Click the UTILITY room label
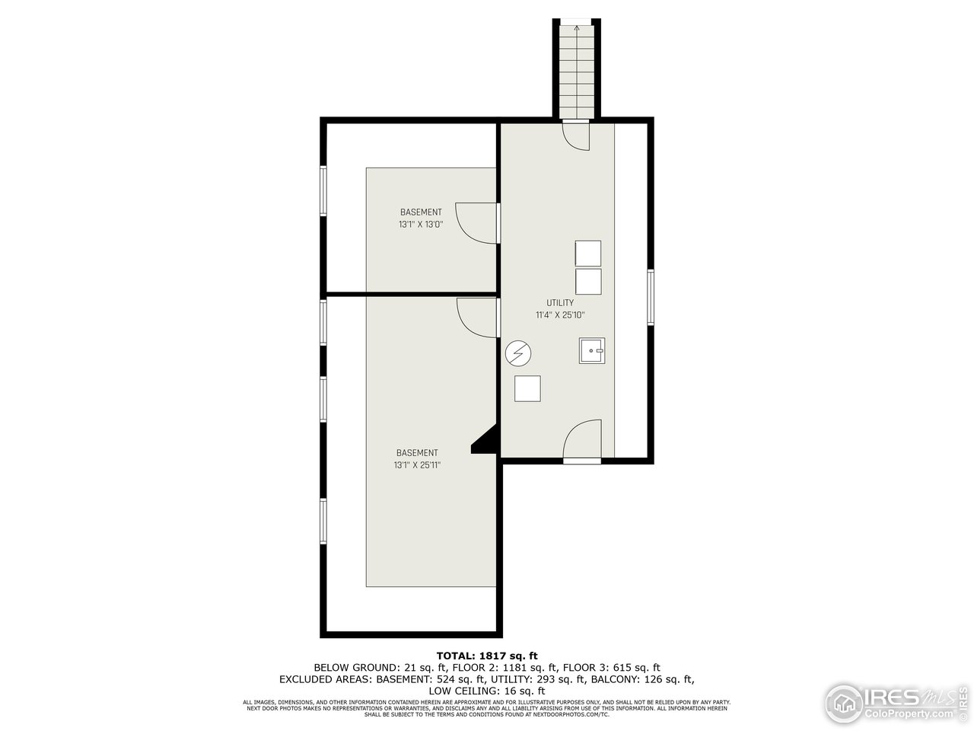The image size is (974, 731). pyautogui.click(x=560, y=302)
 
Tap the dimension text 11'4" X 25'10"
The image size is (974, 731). pyautogui.click(x=560, y=314)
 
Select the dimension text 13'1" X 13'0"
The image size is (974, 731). pyautogui.click(x=421, y=225)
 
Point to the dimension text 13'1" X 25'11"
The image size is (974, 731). pyautogui.click(x=417, y=464)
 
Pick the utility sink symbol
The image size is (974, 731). pyautogui.click(x=591, y=351)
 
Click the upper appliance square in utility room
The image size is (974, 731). pyautogui.click(x=587, y=253)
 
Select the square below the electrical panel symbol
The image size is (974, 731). pyautogui.click(x=527, y=388)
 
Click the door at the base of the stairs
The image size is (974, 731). pyautogui.click(x=576, y=134)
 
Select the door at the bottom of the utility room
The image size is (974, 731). pyautogui.click(x=582, y=441)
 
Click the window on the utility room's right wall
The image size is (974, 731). pyautogui.click(x=651, y=297)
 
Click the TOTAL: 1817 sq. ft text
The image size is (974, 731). pyautogui.click(x=487, y=655)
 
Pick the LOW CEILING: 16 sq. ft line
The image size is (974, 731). pyautogui.click(x=487, y=691)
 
